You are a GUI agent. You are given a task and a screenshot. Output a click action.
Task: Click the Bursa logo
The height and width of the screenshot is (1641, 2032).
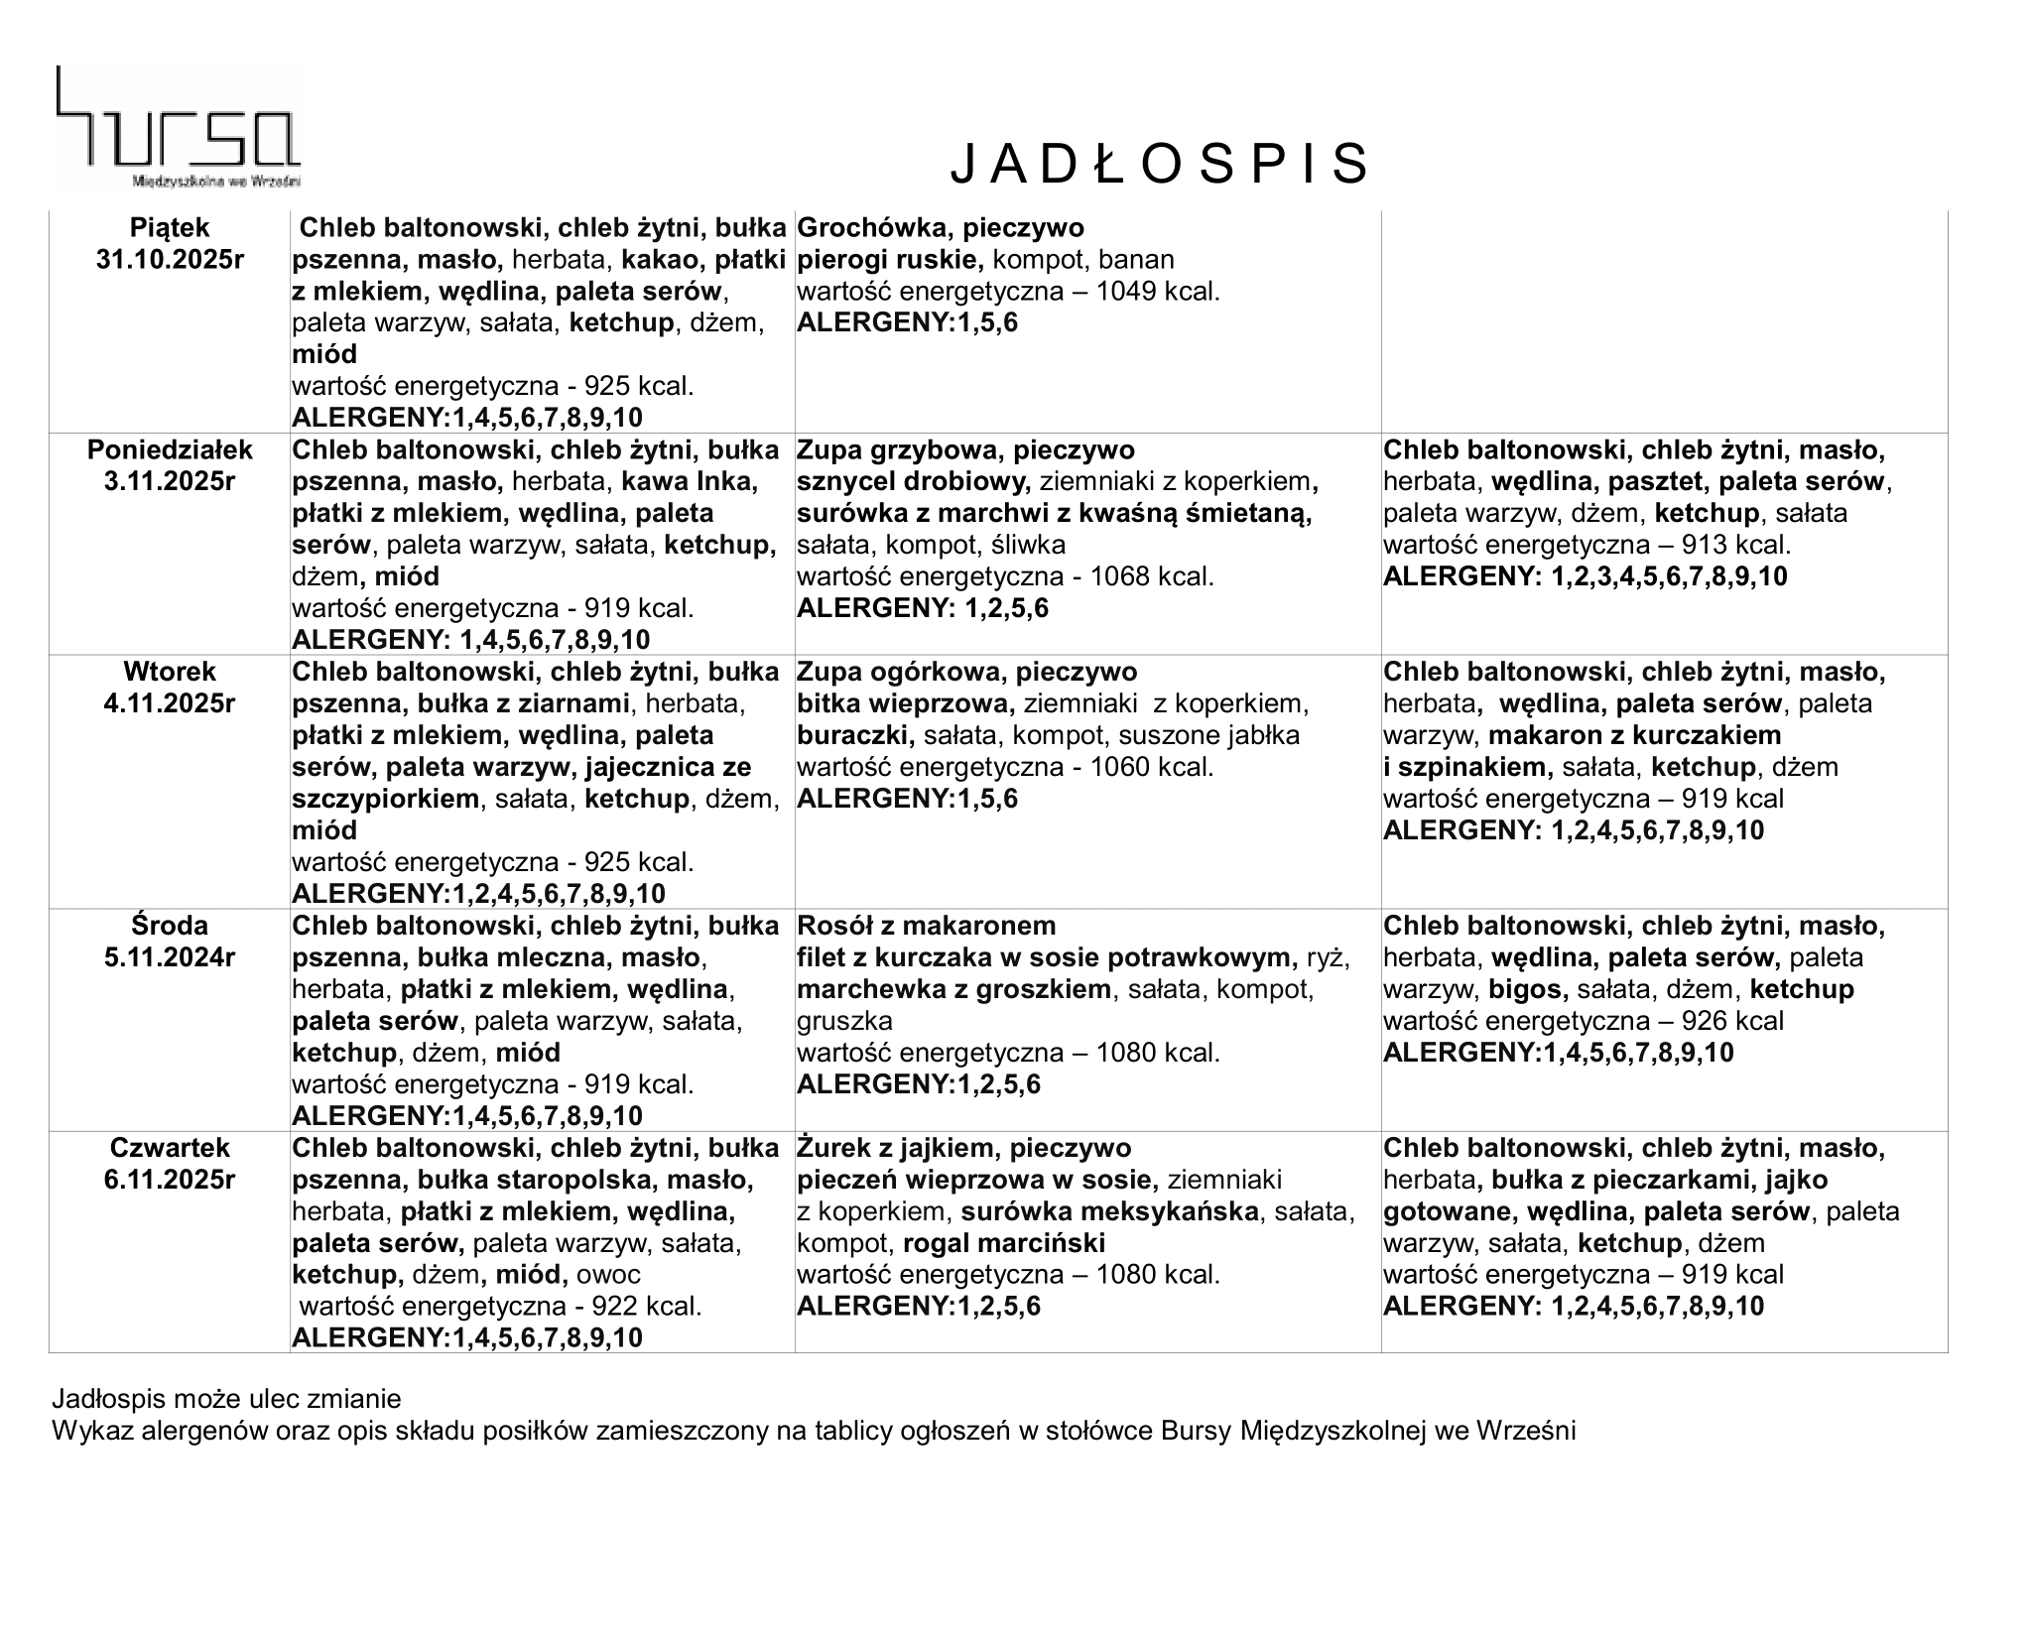(178, 127)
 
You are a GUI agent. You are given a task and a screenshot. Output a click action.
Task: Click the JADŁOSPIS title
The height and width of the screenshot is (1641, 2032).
(1160, 164)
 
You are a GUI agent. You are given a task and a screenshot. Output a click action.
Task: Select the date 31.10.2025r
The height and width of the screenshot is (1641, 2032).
(170, 260)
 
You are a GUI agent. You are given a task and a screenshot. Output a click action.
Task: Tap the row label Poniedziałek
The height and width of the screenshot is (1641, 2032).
(170, 450)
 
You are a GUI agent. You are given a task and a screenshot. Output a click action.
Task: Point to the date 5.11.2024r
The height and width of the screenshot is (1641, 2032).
(170, 958)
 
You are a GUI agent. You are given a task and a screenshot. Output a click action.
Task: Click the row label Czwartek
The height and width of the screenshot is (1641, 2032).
(170, 1149)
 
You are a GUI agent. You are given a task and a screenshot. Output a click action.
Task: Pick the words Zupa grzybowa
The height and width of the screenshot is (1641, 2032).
(890, 450)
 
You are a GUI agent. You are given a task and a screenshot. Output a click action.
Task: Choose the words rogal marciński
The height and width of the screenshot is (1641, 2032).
(1004, 1244)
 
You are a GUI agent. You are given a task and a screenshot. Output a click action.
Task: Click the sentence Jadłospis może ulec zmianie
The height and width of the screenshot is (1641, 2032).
(226, 1400)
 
